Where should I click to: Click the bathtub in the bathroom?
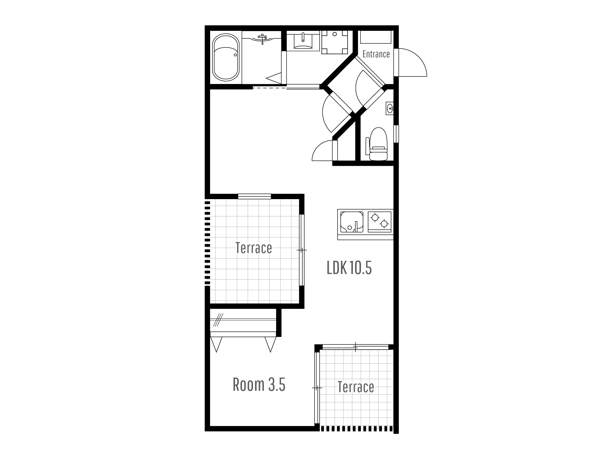point(226,58)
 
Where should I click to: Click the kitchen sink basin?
point(352,222)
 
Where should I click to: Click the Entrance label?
point(376,54)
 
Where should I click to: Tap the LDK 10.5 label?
point(349,268)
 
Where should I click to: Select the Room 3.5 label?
point(259,384)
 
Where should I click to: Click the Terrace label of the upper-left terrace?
point(254,248)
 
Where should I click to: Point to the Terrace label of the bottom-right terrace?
point(356,387)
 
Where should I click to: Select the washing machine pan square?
point(334,42)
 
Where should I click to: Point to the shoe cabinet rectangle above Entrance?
point(375,37)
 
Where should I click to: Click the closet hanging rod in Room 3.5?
point(243,319)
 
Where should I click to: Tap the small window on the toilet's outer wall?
point(396,134)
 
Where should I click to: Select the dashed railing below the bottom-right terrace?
point(357,428)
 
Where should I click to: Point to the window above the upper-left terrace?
point(254,196)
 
